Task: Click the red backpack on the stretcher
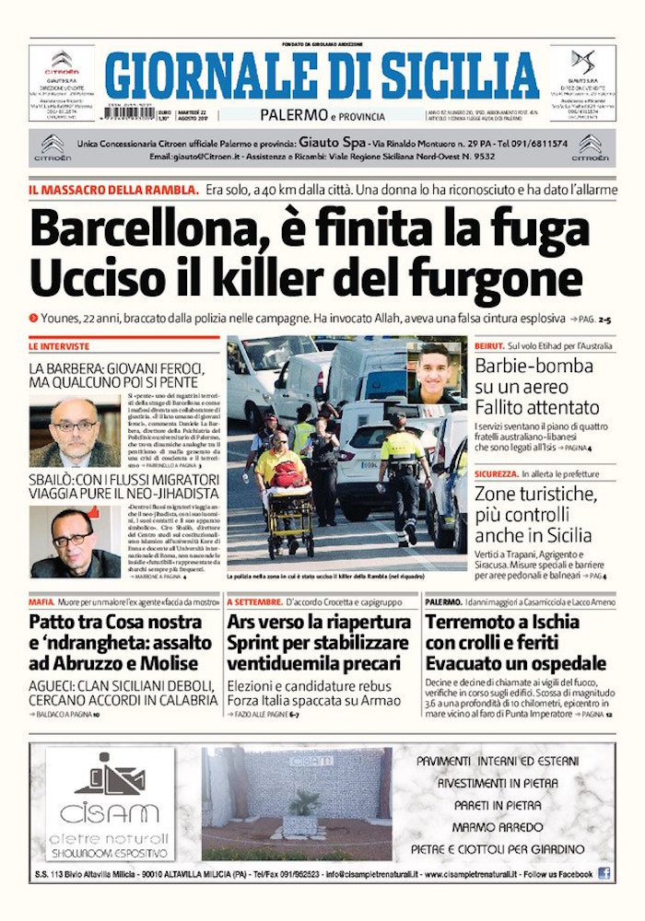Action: pyautogui.click(x=287, y=474)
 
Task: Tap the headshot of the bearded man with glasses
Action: pyautogui.click(x=75, y=431)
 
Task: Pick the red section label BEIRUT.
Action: pyautogui.click(x=488, y=344)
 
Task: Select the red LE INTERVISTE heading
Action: pyautogui.click(x=59, y=346)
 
